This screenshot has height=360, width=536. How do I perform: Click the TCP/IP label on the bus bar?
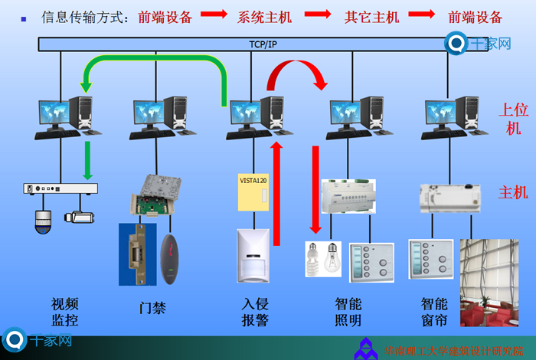coord(263,45)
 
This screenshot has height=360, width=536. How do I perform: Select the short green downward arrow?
coord(88,159)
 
